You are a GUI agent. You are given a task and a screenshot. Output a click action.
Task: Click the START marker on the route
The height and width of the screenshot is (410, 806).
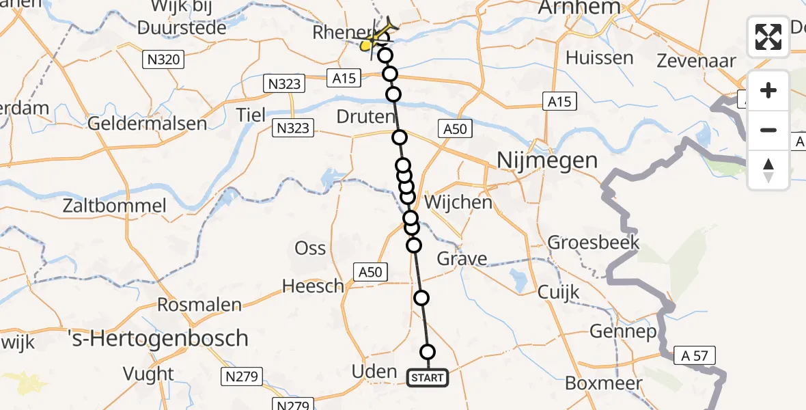[x=428, y=378]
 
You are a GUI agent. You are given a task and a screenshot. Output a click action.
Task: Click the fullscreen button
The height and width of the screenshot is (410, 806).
[x=768, y=37]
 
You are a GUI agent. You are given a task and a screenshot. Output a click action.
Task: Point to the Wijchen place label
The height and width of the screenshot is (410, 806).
[x=458, y=202]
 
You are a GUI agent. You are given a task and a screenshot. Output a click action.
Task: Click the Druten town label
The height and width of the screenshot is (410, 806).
[x=366, y=117]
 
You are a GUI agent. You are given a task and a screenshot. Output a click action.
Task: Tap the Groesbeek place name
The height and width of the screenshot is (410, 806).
[x=594, y=243]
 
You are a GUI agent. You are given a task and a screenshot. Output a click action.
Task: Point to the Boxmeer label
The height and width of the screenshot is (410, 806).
[x=604, y=383]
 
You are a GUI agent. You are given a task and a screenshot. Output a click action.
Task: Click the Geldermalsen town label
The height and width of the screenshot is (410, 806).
[x=148, y=124]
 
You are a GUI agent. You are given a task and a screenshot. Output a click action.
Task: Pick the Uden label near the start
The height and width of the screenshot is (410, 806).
[x=374, y=372]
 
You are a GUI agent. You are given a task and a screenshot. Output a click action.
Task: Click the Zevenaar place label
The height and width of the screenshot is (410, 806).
[x=697, y=61]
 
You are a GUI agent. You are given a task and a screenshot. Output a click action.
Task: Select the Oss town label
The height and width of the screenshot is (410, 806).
[x=310, y=247]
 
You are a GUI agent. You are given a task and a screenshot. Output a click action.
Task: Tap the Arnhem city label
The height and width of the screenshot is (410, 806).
[x=580, y=8]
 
